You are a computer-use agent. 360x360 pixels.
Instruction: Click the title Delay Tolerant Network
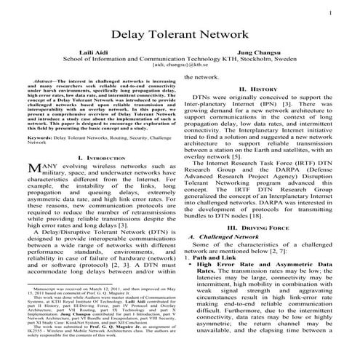pos(180,36)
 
